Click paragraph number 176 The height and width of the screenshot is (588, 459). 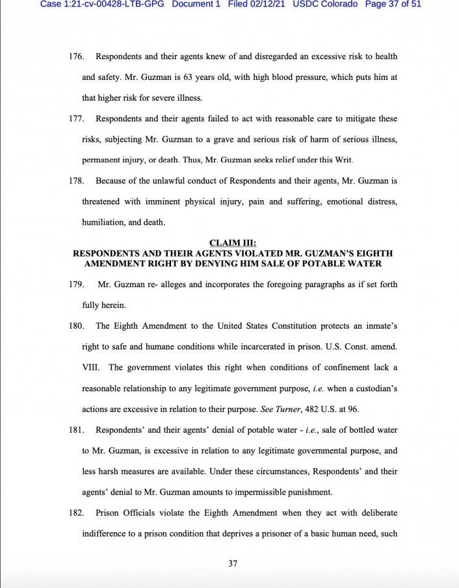tap(77, 57)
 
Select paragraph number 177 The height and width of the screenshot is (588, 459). tap(77, 119)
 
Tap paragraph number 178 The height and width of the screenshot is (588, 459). tap(77, 181)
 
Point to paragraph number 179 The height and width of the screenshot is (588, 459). tap(77, 285)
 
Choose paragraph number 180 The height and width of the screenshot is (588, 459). tap(77, 326)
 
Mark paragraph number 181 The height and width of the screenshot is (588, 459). tap(77, 430)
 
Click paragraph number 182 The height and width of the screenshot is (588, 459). tap(77, 513)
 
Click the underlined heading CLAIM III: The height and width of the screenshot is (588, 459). tap(233, 244)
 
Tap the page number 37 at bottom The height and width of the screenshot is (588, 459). tap(233, 563)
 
